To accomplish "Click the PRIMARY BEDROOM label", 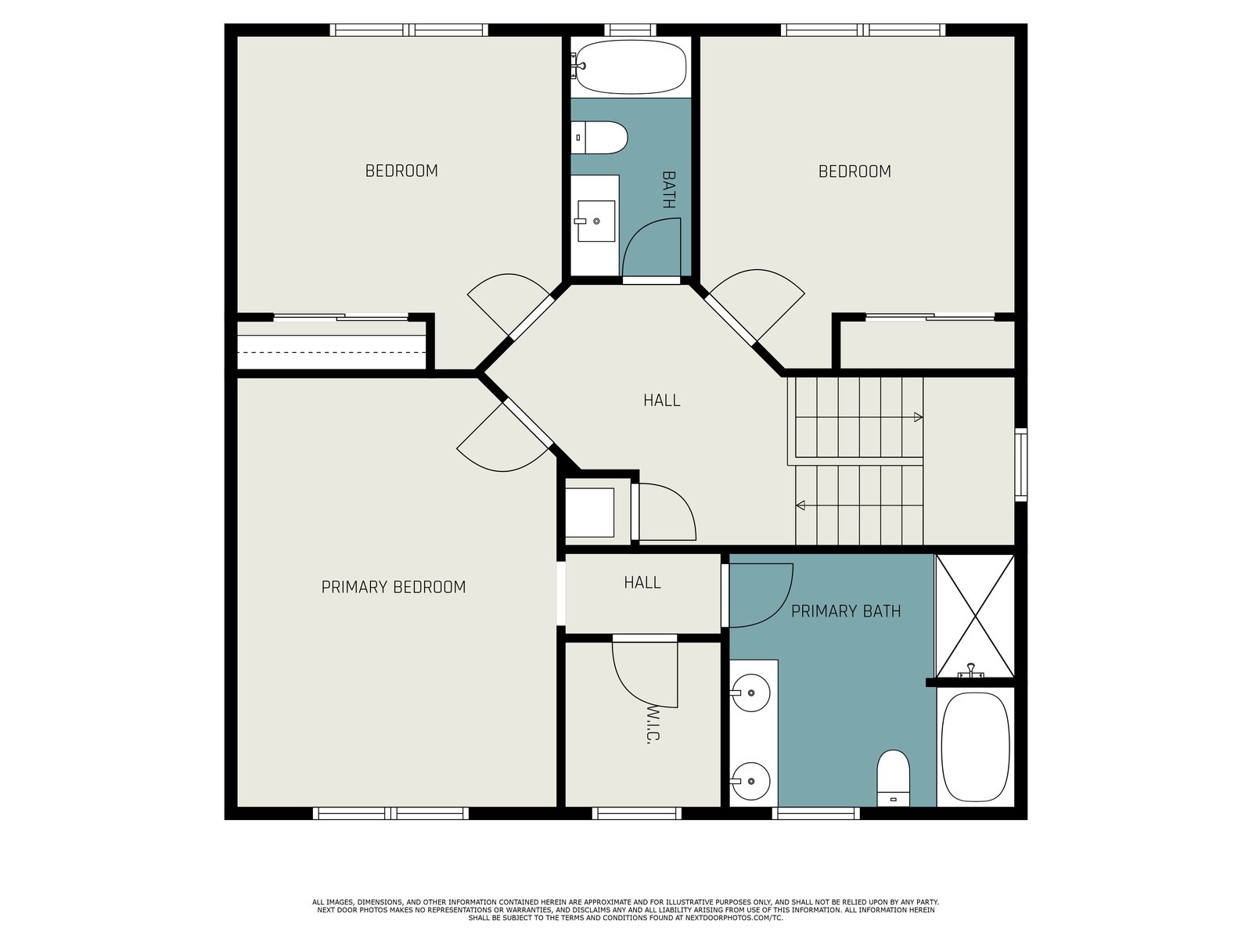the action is (393, 587).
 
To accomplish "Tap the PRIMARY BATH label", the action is (846, 611).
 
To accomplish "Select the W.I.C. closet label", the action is (653, 725).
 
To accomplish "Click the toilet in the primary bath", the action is (894, 778).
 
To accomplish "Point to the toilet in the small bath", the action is (599, 138).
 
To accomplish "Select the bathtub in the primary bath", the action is (975, 747).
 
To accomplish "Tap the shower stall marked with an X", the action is (975, 617).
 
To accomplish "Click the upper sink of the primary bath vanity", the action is (750, 693).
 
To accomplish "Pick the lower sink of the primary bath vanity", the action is (750, 781).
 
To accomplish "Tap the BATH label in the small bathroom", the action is (668, 190).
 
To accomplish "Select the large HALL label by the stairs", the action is (662, 400).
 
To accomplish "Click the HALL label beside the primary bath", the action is (642, 582).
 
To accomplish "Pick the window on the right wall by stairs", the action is (1021, 465).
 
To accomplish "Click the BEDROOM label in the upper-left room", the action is (401, 171).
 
